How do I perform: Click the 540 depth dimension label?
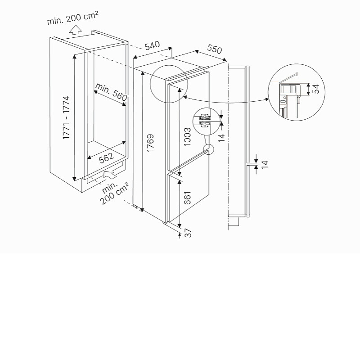point(152,45)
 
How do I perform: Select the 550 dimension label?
point(215,49)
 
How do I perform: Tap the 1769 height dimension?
point(150,143)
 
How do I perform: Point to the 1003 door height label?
point(187,136)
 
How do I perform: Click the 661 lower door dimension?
point(187,198)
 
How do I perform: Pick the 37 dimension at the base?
point(188,233)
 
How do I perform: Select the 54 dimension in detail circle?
point(316,89)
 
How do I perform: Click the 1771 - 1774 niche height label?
point(66,117)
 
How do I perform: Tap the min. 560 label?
point(111,92)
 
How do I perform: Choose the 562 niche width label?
point(106,158)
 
